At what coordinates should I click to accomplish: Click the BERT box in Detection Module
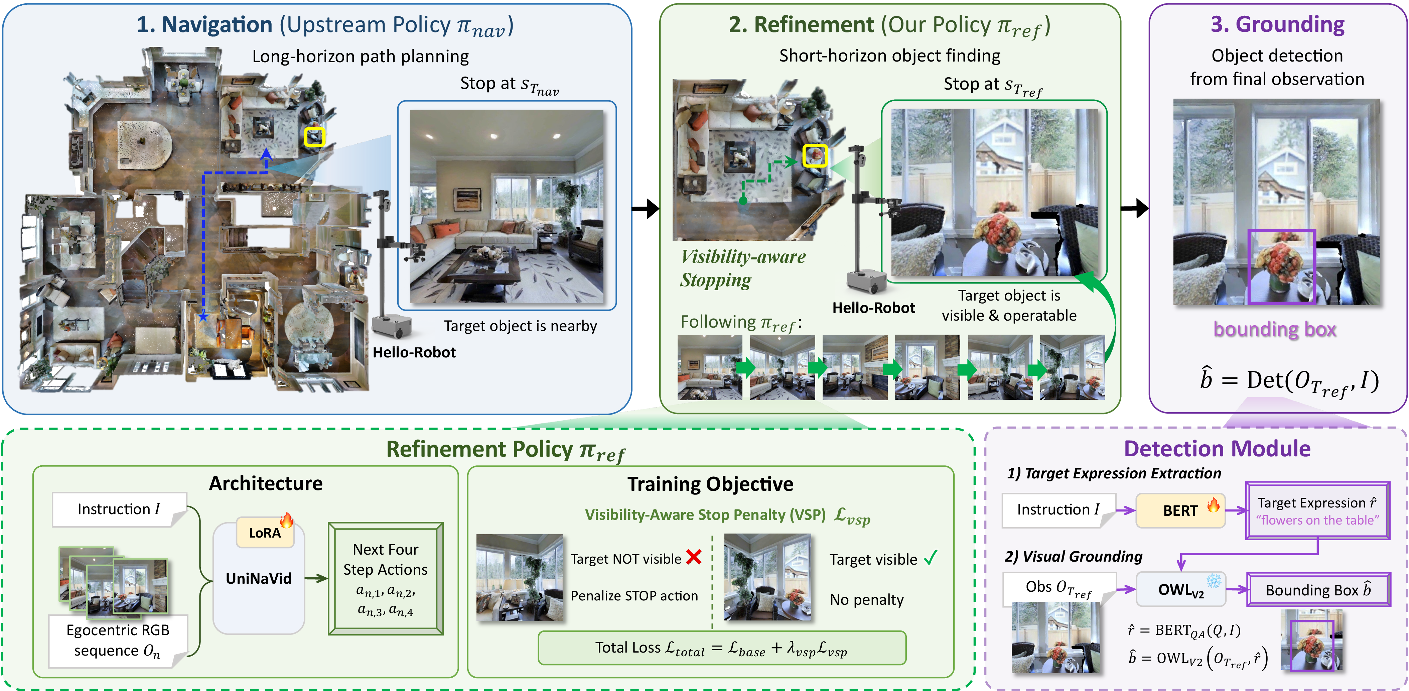(x=1180, y=510)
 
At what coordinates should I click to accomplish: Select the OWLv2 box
(x=1181, y=589)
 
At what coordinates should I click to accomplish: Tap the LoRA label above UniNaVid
(x=265, y=532)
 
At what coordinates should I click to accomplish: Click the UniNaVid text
(x=259, y=578)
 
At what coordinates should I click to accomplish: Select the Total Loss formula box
(x=722, y=648)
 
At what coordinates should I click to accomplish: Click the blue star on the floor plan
(x=203, y=316)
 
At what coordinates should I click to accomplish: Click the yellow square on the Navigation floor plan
(x=314, y=137)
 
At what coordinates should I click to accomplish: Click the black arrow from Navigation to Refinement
(x=646, y=209)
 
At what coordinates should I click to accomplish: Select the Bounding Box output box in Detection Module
(x=1318, y=590)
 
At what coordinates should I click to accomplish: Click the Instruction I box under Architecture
(x=119, y=509)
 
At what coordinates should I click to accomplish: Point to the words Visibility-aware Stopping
(x=743, y=268)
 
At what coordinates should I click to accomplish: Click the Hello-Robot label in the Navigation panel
(x=414, y=352)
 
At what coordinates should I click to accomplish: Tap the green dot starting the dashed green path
(x=743, y=201)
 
